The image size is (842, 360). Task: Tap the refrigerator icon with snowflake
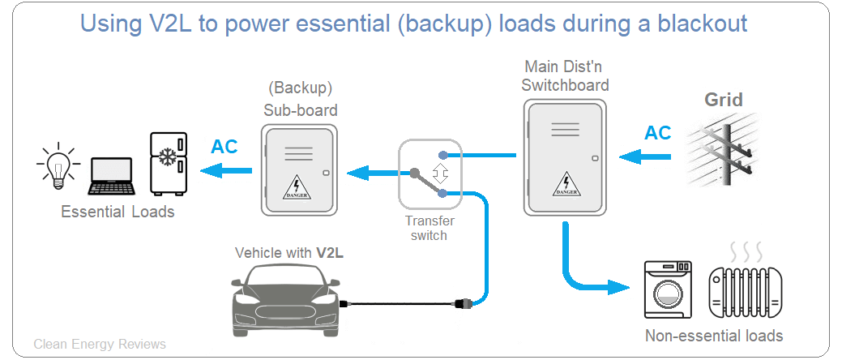pyautogui.click(x=168, y=165)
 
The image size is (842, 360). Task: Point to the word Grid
pyautogui.click(x=723, y=101)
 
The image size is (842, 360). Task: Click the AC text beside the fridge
pyautogui.click(x=224, y=147)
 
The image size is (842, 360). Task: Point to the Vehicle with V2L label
pyautogui.click(x=289, y=252)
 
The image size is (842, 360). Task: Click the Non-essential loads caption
pyautogui.click(x=714, y=336)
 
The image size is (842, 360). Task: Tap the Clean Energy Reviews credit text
pyautogui.click(x=100, y=345)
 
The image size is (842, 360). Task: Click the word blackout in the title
pyautogui.click(x=688, y=24)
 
